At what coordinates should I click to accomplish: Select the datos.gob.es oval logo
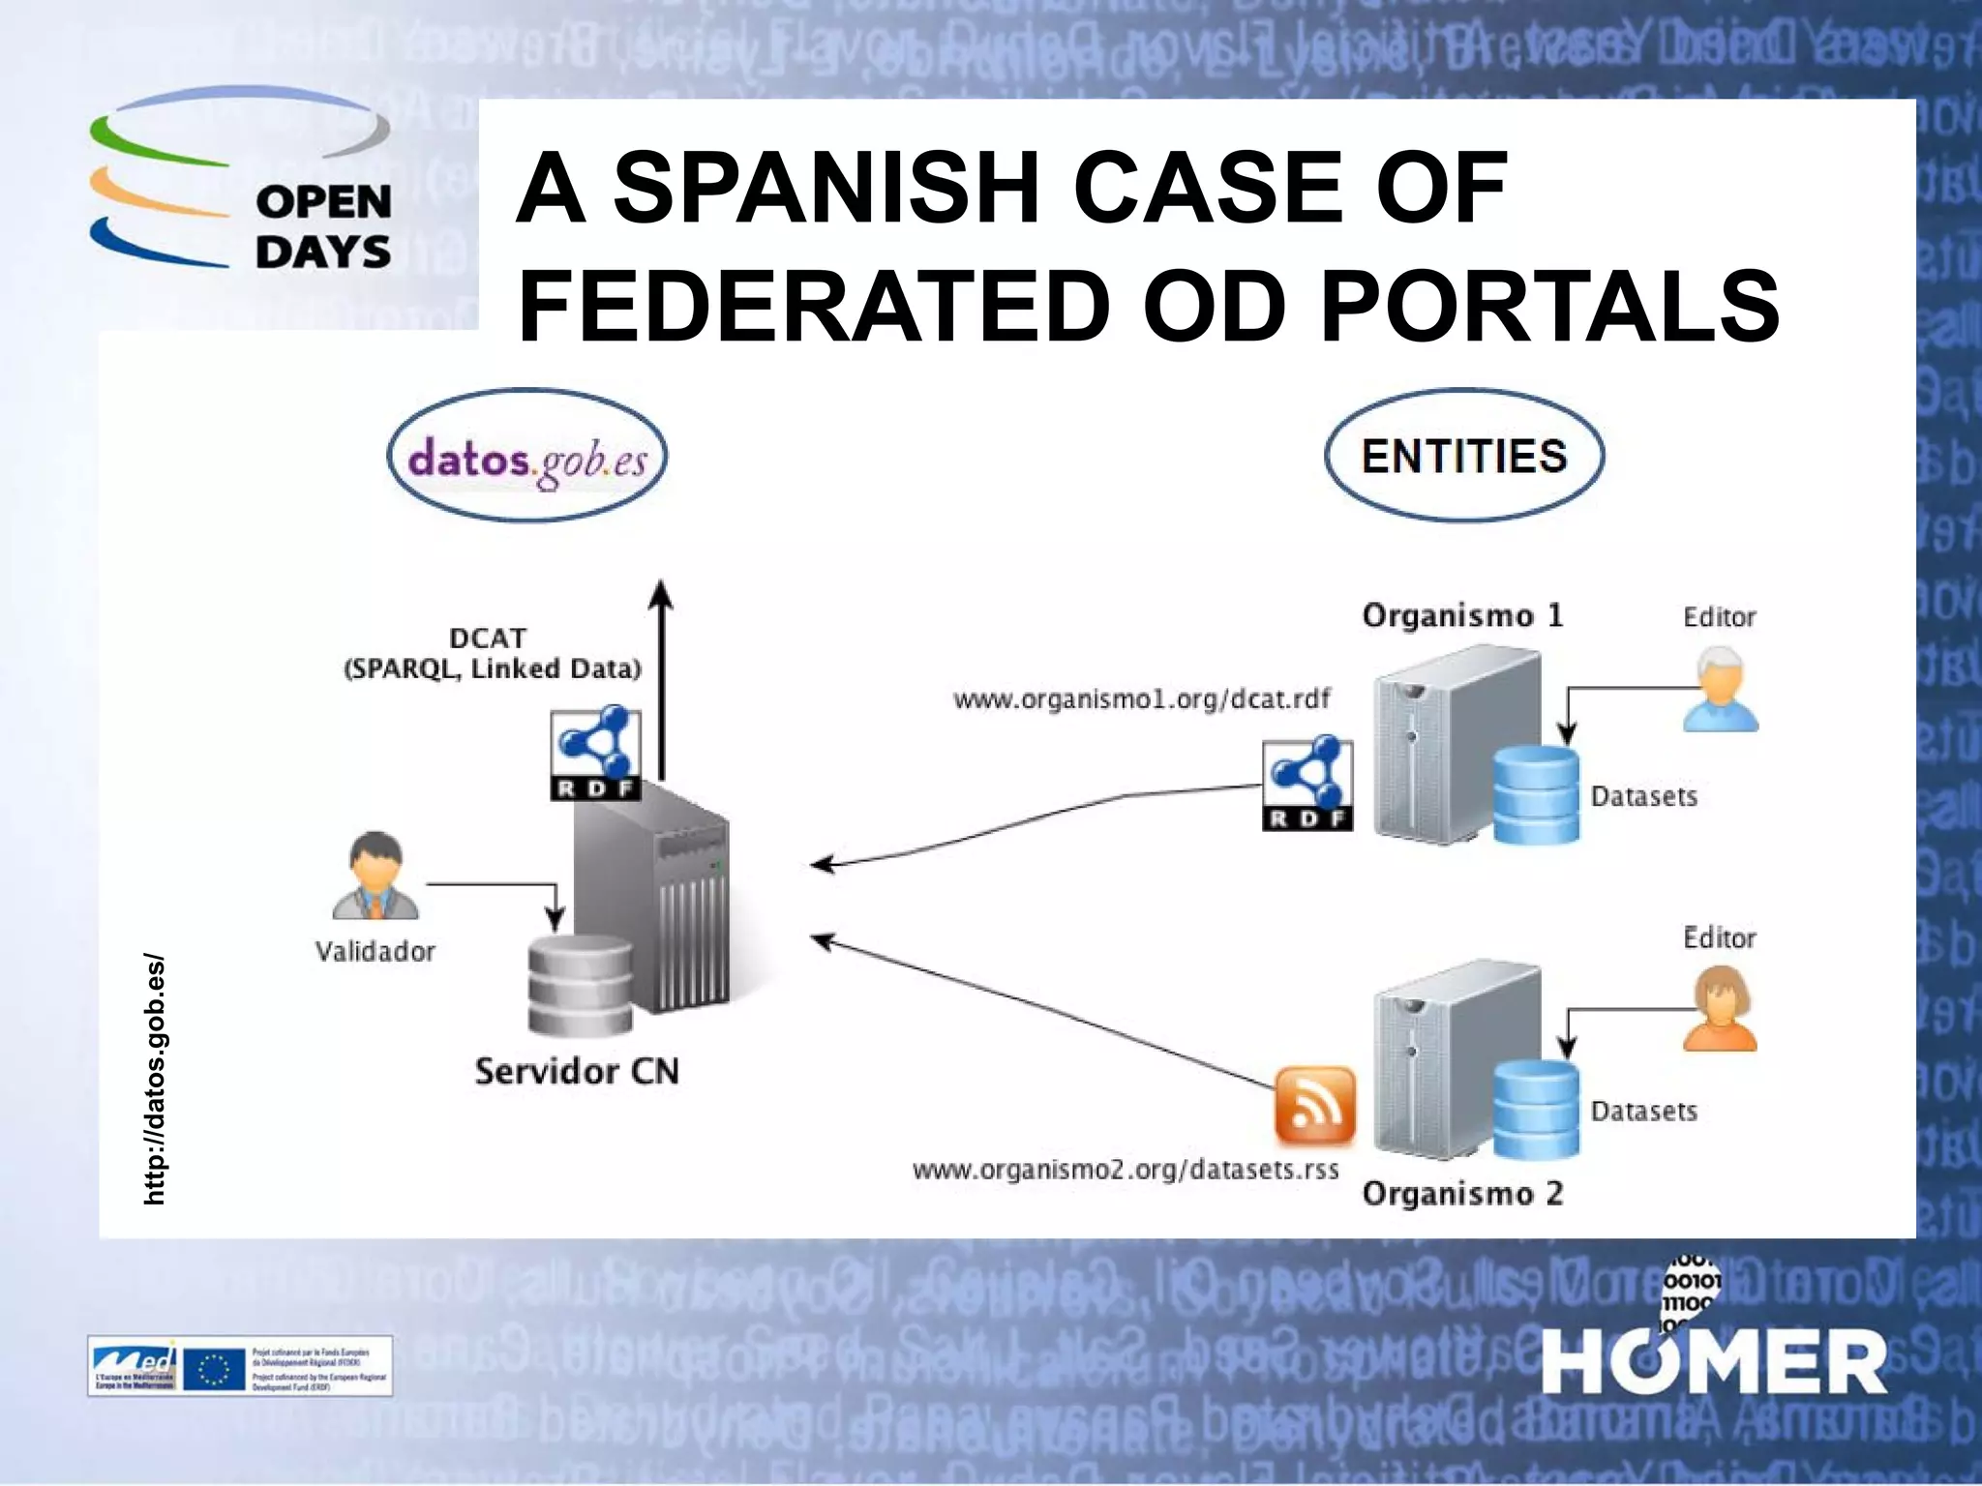[526, 457]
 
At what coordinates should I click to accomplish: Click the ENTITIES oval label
[1463, 456]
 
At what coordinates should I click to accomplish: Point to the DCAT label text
[489, 639]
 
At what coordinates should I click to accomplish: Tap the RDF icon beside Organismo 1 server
[1307, 784]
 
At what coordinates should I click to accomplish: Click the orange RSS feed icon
[1314, 1104]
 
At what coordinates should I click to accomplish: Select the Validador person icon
[375, 877]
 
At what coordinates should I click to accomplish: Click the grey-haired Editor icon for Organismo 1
[1720, 690]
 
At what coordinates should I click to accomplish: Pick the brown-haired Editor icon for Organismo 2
[1720, 1010]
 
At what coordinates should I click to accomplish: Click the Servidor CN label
[577, 1071]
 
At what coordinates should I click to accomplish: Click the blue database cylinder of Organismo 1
[1535, 794]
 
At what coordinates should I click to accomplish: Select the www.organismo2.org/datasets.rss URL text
[1126, 1170]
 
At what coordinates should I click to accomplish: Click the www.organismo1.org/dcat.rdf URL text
[1142, 698]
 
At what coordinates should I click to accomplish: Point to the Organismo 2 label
[1462, 1194]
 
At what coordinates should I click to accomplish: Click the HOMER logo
[1713, 1359]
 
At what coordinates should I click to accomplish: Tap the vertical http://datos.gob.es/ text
[154, 1080]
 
